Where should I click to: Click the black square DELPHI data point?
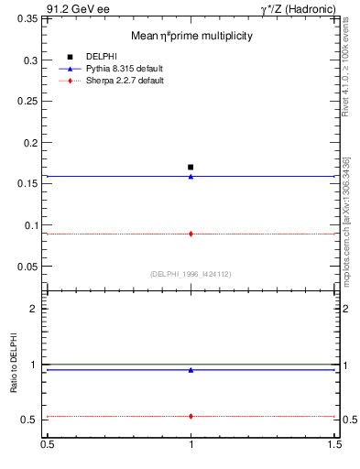[x=191, y=167]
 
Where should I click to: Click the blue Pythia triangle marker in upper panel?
[x=191, y=176]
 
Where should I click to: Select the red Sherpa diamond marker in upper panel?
[x=191, y=234]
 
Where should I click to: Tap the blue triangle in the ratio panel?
[x=191, y=370]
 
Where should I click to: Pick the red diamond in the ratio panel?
[x=191, y=416]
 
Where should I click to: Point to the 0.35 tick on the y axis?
[x=29, y=18]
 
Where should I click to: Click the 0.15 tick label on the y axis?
[x=29, y=184]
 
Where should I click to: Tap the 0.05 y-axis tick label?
[x=29, y=267]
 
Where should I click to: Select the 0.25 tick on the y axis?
[x=29, y=102]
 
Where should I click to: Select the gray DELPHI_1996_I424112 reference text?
[x=191, y=273]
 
